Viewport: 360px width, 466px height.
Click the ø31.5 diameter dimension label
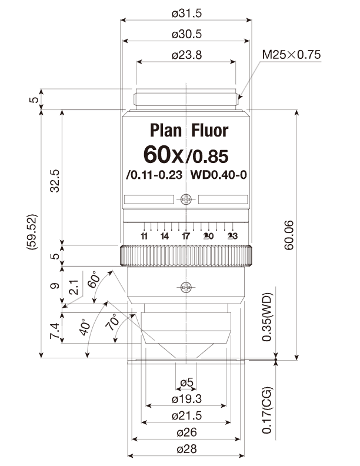click(186, 14)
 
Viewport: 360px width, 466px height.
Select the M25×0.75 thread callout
click(291, 55)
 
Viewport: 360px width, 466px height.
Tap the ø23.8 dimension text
click(186, 55)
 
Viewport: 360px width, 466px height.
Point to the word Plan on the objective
click(165, 131)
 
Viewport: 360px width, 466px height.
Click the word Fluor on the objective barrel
click(209, 131)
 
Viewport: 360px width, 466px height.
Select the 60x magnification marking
click(164, 155)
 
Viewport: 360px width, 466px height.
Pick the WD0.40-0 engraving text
click(219, 175)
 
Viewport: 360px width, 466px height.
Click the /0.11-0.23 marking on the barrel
click(154, 175)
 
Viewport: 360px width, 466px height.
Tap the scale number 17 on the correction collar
click(186, 237)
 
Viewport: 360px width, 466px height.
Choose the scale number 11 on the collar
click(144, 237)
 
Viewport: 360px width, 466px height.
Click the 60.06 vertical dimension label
click(289, 235)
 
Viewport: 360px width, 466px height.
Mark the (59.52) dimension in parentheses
click(32, 232)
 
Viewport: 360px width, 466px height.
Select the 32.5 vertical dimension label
click(55, 181)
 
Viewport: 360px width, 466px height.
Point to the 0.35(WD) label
click(266, 317)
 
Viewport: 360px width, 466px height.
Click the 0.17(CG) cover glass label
click(266, 410)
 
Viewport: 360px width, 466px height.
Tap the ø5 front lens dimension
click(186, 382)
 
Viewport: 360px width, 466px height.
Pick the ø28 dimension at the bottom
click(186, 449)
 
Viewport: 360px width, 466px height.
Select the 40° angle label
click(85, 327)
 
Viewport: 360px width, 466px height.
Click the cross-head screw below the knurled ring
click(186, 287)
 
